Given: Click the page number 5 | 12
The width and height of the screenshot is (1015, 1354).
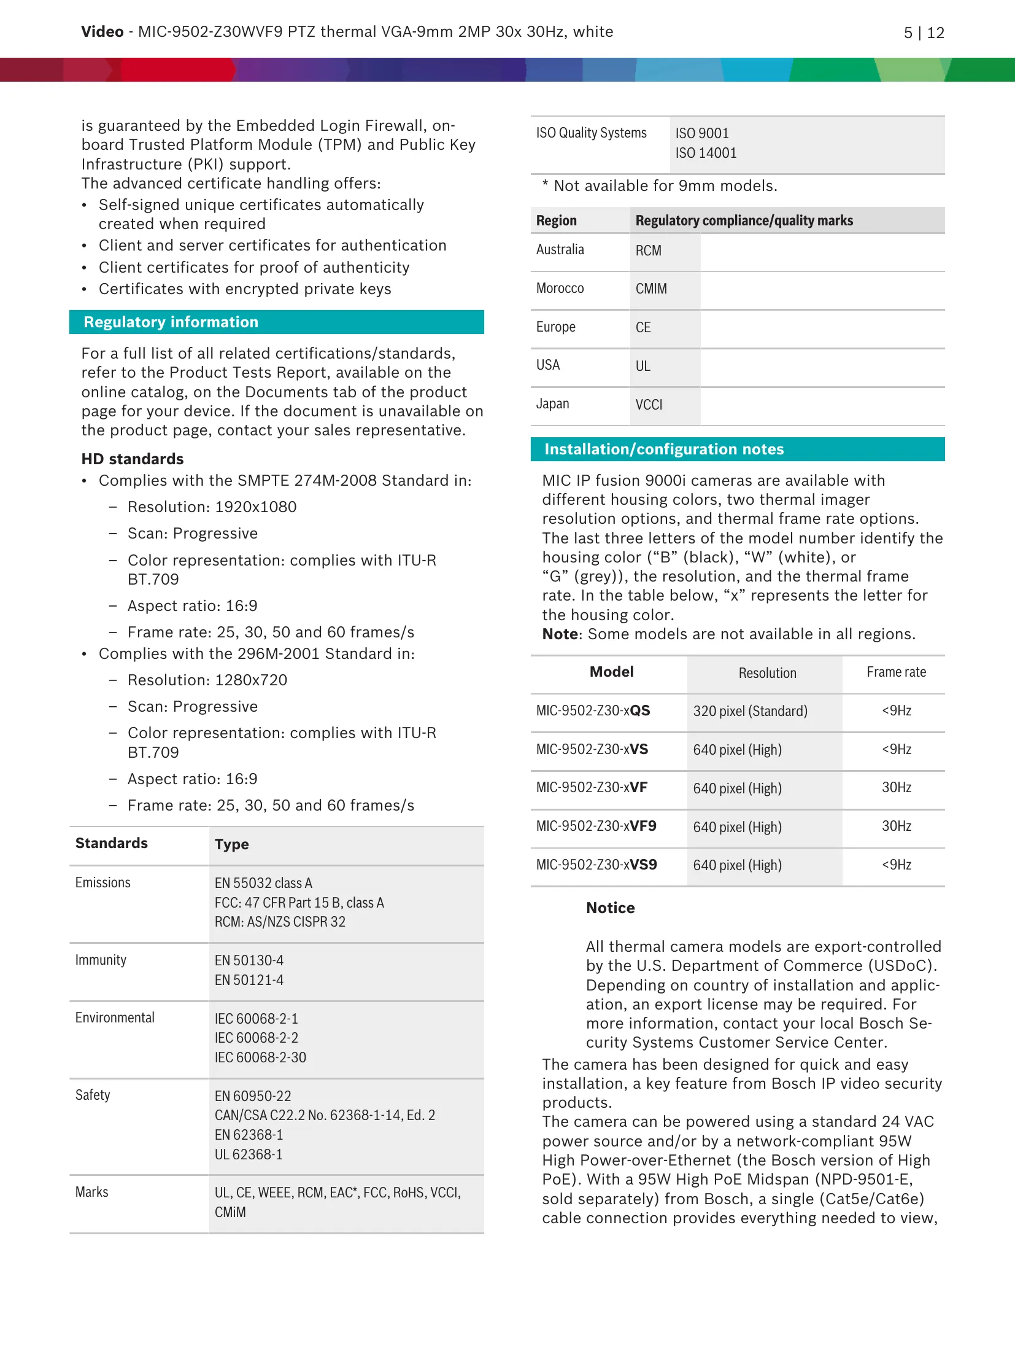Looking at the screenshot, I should click(924, 33).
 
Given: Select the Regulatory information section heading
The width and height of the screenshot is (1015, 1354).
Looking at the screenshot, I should click(171, 322).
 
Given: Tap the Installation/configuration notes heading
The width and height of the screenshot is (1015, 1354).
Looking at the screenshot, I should click(664, 449).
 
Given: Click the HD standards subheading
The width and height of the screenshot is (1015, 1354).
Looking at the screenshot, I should click(133, 459).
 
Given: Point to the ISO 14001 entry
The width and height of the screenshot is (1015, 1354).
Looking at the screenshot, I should click(706, 153).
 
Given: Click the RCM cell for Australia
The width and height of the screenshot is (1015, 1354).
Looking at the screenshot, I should click(648, 251).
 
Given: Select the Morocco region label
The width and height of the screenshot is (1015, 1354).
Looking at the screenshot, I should click(560, 289).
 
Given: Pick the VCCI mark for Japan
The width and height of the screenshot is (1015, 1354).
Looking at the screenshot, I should click(649, 405).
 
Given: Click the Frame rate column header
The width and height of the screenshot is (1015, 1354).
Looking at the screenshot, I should click(896, 672).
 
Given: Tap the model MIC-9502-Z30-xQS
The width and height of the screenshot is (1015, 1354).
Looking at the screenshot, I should click(593, 711).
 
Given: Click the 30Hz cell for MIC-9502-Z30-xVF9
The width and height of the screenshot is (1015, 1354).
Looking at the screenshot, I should click(896, 827).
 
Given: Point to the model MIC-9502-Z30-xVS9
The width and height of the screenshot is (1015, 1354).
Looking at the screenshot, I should click(596, 865).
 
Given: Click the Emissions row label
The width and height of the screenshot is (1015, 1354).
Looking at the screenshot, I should click(103, 883).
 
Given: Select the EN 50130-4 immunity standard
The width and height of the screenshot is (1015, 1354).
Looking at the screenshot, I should click(249, 960).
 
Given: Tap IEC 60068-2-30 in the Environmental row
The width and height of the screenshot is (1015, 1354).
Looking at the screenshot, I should click(260, 1057).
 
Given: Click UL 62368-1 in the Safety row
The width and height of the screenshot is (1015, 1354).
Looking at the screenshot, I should click(249, 1154).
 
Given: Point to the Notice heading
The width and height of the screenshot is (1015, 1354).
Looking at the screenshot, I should click(610, 908).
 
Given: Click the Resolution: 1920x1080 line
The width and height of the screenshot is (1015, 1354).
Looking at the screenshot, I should click(212, 507).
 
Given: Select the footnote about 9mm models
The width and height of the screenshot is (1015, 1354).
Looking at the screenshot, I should click(660, 186).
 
